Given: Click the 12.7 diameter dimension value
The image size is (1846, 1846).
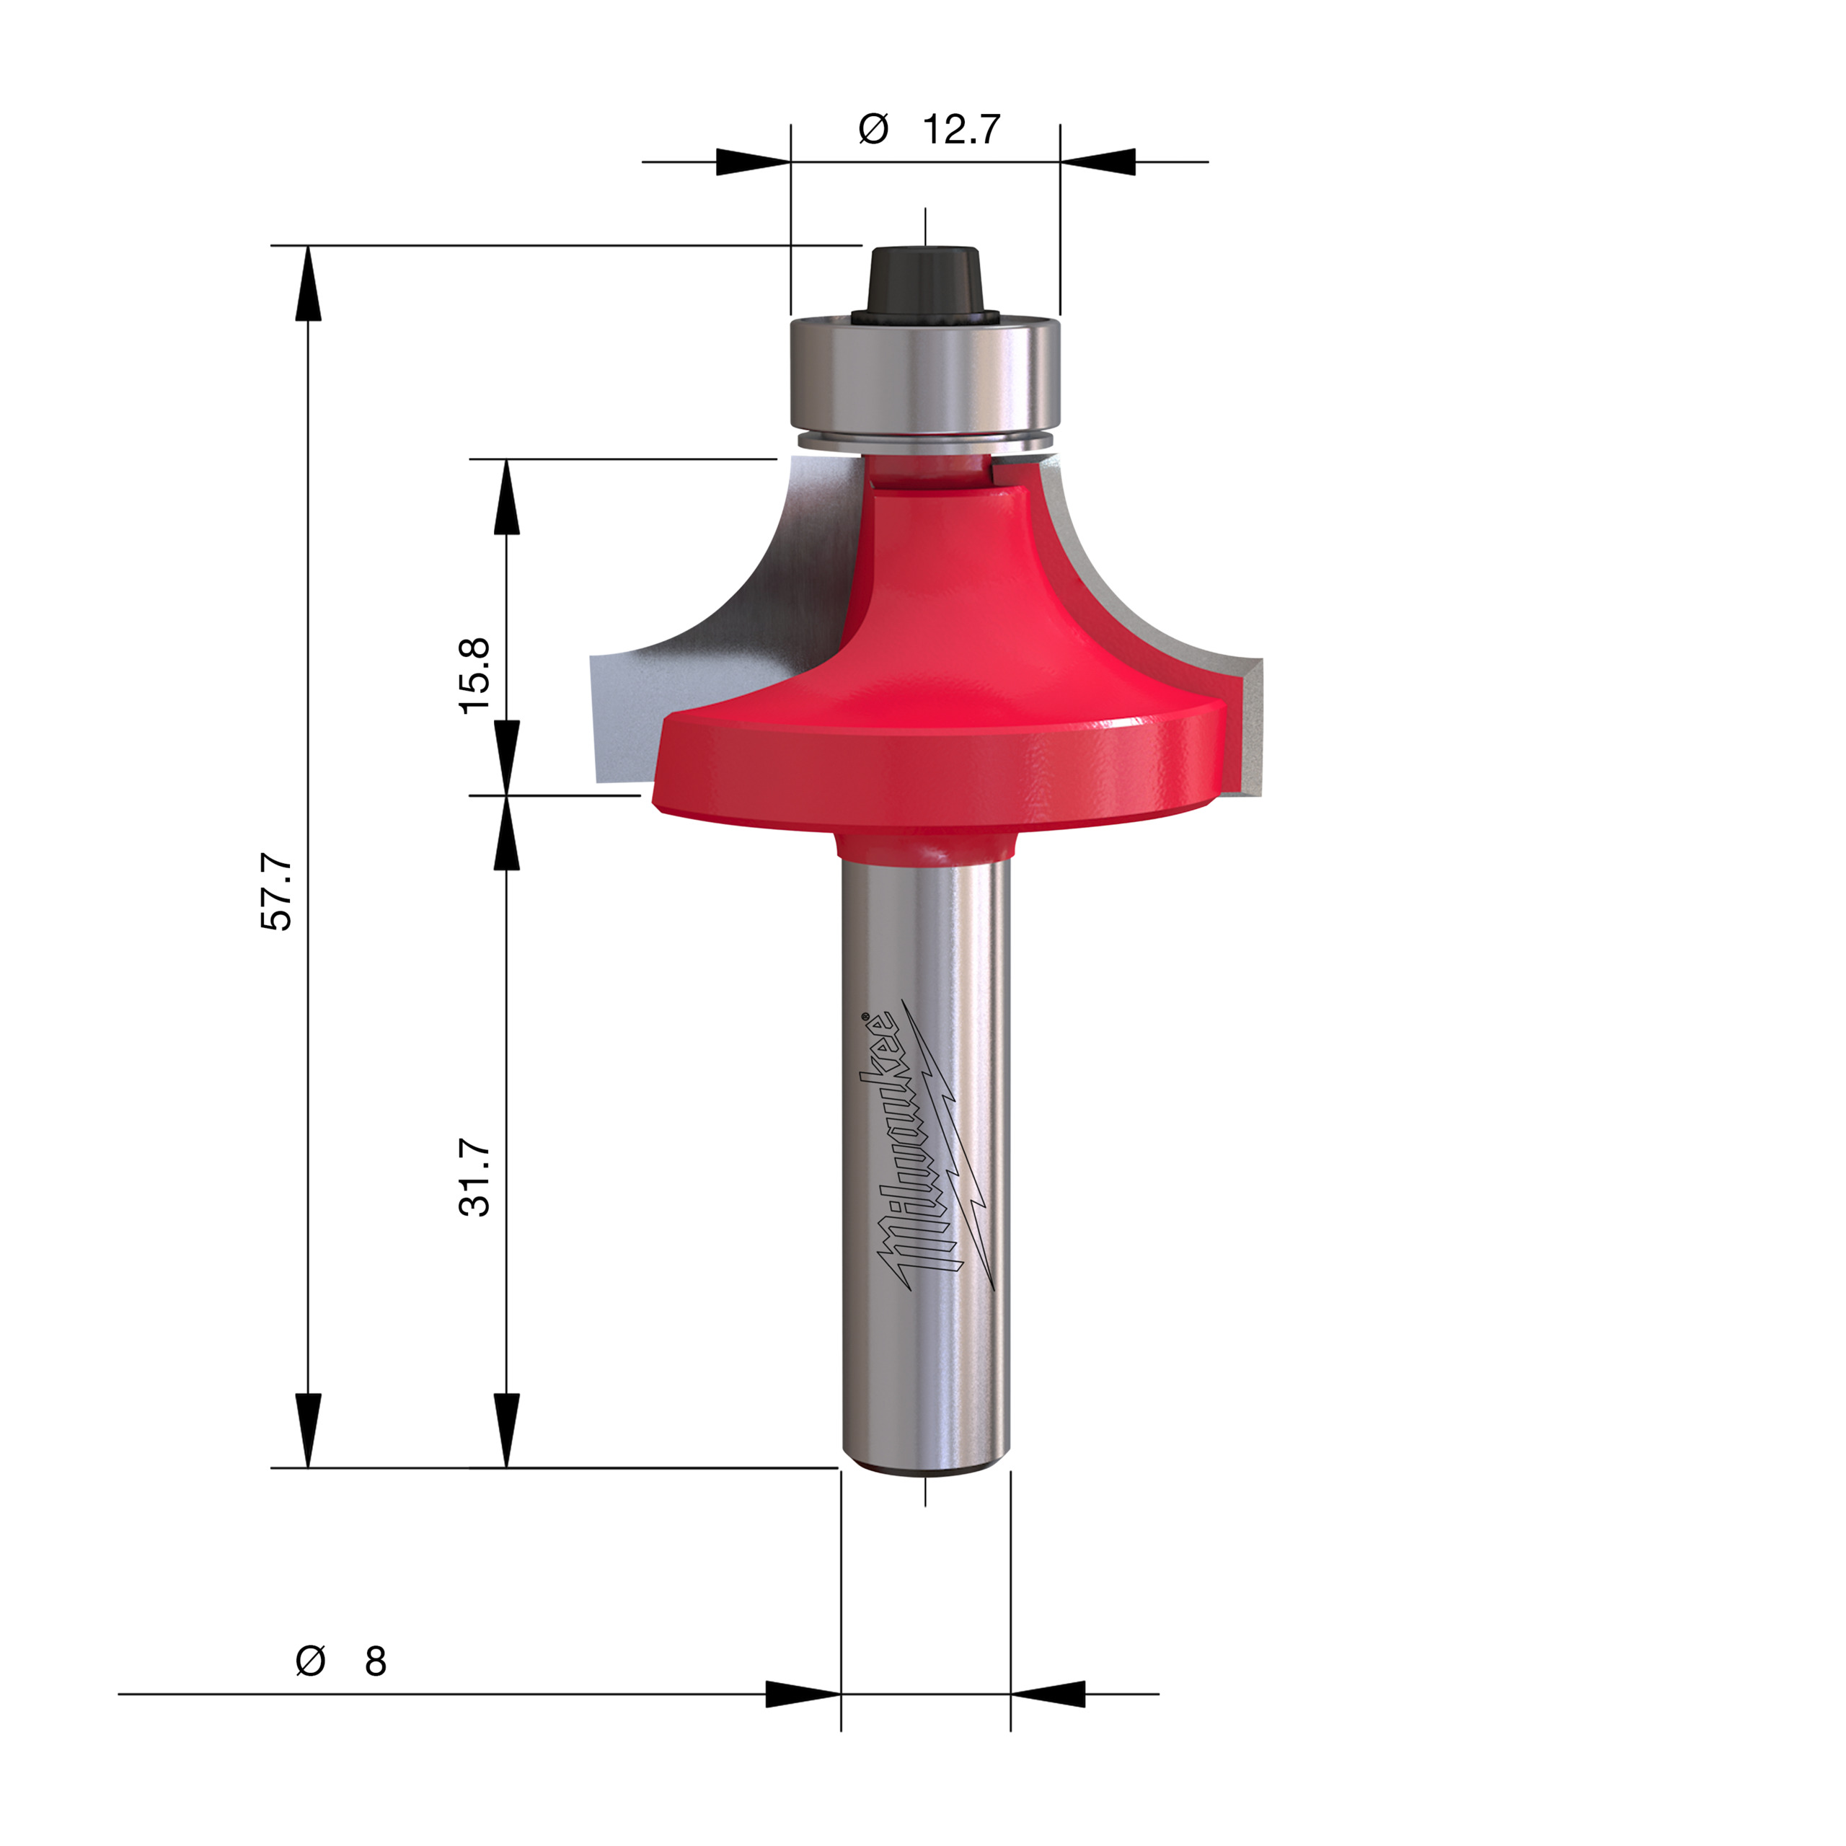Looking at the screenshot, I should pos(960,129).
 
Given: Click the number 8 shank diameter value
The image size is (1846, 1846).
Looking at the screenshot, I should pos(376,1661).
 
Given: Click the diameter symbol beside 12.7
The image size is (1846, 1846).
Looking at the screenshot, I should pos(873,129).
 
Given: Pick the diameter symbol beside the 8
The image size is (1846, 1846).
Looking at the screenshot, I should pos(311,1661).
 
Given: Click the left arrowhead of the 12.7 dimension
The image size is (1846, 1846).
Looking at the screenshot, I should pos(754,162).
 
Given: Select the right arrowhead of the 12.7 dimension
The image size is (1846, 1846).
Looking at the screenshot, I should pos(1097,162).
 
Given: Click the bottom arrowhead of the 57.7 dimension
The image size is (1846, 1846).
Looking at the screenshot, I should pos(308,1429).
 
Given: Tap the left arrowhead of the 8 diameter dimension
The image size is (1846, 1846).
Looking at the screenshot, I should pos(803,1694).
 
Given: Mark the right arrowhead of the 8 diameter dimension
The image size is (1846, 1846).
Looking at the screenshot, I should pos(1048,1694).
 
